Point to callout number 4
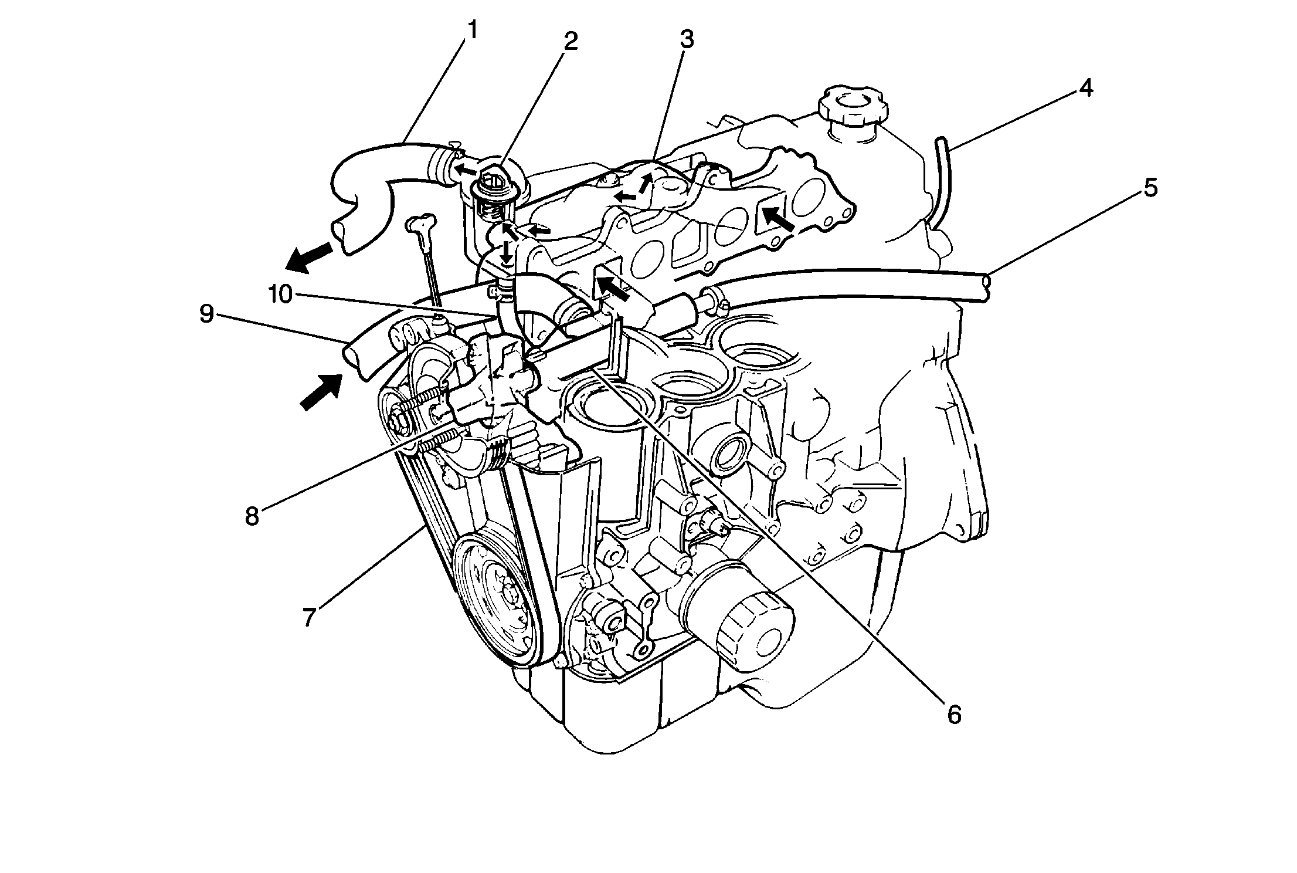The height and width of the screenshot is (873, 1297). pos(1085,88)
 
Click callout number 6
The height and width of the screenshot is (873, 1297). pos(954,714)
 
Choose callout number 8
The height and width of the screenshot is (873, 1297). pos(252,516)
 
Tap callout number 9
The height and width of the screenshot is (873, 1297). pos(206,314)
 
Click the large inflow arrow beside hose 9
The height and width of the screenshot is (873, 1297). pos(321,392)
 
